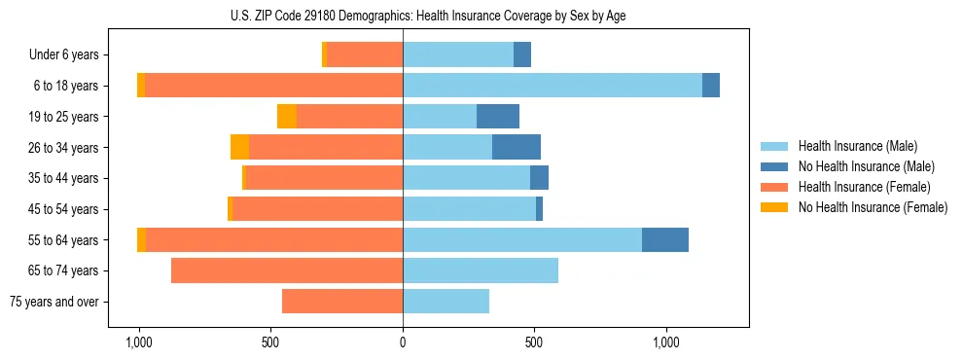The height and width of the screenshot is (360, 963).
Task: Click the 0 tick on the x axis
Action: tap(403, 342)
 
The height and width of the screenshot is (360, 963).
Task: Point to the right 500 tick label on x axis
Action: tap(534, 342)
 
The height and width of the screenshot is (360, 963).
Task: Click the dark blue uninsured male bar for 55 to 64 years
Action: tap(665, 239)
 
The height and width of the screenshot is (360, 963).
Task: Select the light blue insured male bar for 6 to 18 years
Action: tap(553, 86)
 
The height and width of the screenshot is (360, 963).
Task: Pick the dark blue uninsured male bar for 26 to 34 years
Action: tap(517, 147)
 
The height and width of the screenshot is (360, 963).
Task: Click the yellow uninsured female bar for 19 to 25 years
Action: tap(287, 117)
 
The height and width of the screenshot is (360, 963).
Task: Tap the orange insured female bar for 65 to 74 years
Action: tap(287, 270)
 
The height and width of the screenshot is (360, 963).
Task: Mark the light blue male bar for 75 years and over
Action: tap(446, 302)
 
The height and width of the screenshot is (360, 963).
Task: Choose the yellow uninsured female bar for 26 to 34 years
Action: tap(239, 147)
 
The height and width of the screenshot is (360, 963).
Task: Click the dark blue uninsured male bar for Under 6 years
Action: tap(522, 55)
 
